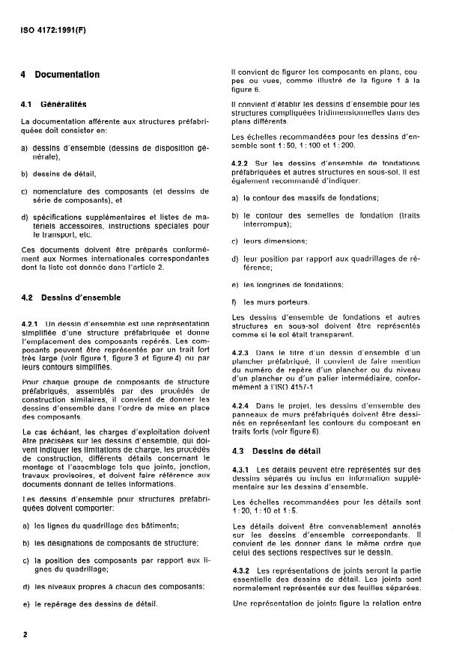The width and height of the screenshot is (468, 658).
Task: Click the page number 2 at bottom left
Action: (x=25, y=635)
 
